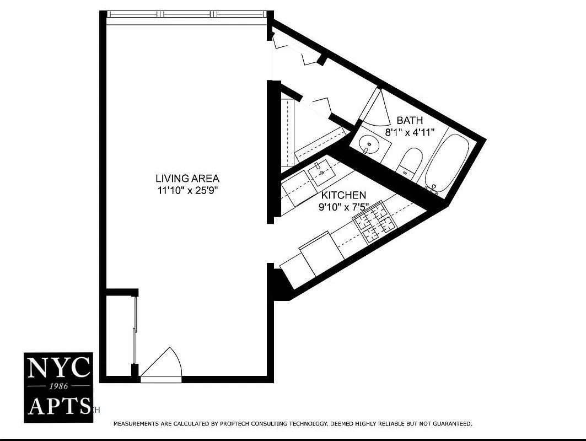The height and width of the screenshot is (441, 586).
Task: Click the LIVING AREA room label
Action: pos(187,179)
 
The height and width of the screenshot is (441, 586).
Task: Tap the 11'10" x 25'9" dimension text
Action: pos(187,191)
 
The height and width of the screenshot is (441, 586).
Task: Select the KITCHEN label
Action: pos(343,196)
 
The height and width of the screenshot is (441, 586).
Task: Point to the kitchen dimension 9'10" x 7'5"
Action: pos(343,208)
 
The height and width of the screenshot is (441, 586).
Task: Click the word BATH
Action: pos(410,120)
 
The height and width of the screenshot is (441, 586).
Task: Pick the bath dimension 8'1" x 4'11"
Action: pos(410,132)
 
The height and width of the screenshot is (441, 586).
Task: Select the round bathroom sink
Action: pos(368,146)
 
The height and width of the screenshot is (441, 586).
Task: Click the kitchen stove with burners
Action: pos(375,223)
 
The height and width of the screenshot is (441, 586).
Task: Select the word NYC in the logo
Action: pos(58,368)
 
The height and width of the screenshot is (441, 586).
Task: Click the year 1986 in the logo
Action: pos(58,386)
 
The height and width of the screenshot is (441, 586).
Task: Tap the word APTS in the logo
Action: pos(58,406)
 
